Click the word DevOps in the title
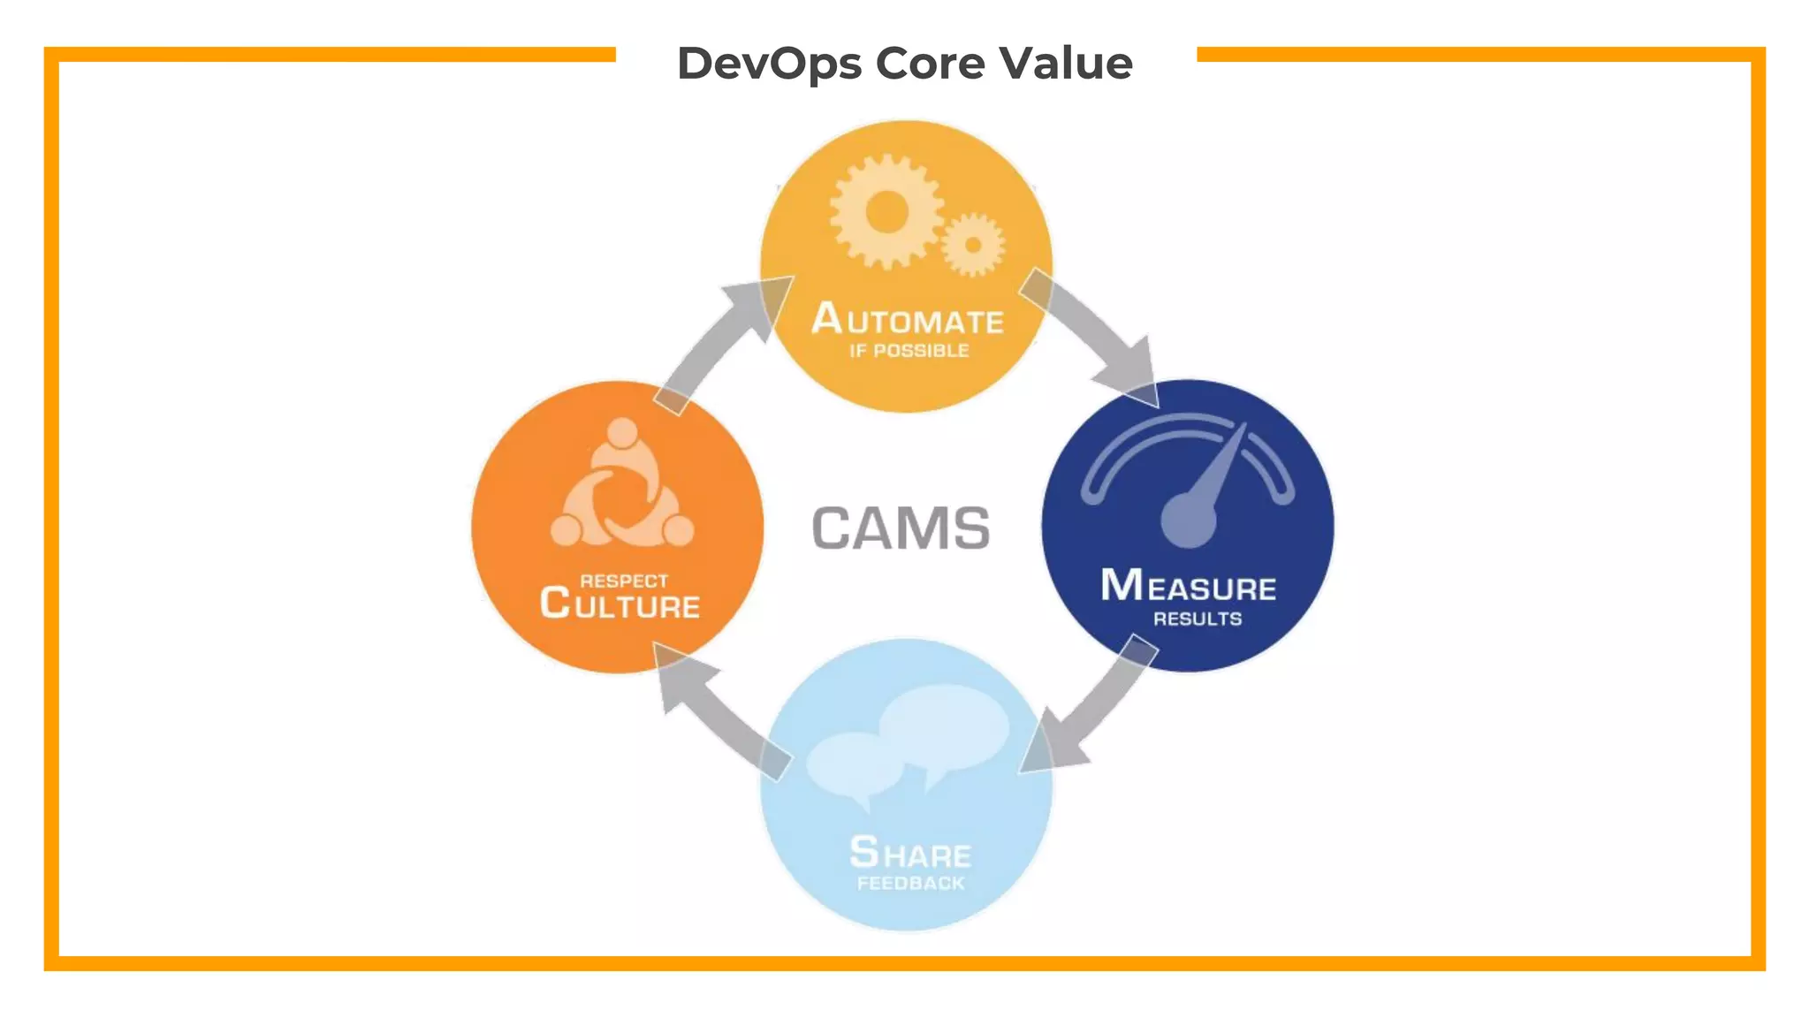[x=768, y=64]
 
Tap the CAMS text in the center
[x=901, y=528]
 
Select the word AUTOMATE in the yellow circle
[x=908, y=320]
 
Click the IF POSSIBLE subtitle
[x=909, y=351]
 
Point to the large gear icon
[x=886, y=212]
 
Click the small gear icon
[x=973, y=245]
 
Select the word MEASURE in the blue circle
[x=1188, y=587]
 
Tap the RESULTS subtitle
[x=1197, y=619]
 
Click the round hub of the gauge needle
[x=1188, y=520]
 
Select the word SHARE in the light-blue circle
[x=910, y=854]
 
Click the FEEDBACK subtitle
[x=910, y=884]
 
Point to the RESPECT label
[x=624, y=581]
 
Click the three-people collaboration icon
[x=622, y=486]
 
